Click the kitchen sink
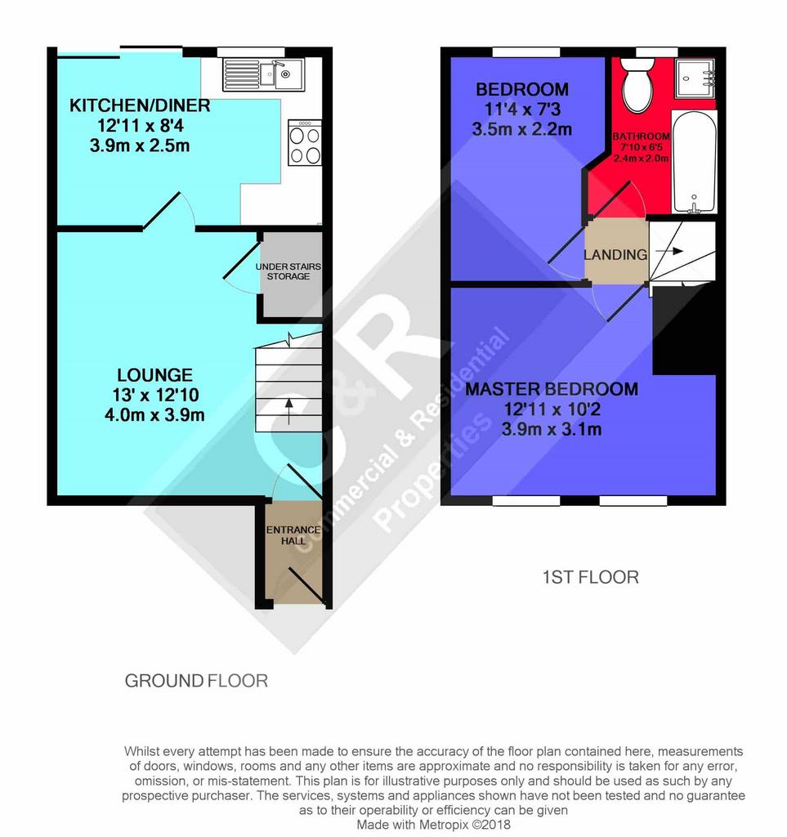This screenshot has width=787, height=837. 263,74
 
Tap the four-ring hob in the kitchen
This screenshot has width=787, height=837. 305,142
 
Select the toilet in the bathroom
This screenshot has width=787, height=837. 637,84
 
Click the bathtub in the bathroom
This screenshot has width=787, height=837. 694,163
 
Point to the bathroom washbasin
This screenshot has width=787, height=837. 695,78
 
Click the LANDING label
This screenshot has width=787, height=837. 615,255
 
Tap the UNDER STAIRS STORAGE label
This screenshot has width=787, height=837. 288,271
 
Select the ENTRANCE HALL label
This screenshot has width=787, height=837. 293,535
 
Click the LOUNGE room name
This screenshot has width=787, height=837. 154,374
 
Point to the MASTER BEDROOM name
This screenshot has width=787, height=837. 552,389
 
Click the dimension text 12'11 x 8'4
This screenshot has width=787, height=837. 141,125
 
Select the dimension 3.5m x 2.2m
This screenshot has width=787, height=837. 522,129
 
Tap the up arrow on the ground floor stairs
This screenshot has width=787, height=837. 288,410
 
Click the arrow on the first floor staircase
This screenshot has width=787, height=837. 669,251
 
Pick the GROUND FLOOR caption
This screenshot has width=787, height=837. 196,681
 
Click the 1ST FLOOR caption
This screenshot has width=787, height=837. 591,577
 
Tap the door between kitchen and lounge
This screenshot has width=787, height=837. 161,212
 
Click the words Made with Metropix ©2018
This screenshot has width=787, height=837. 433,825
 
